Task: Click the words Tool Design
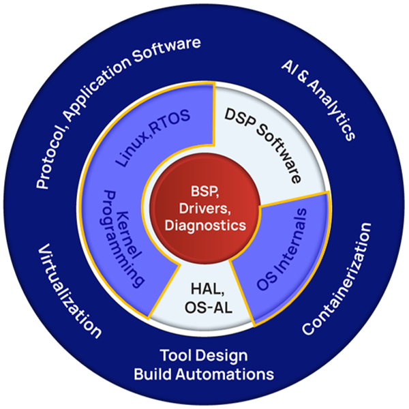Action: (x=204, y=356)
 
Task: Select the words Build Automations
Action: (x=204, y=374)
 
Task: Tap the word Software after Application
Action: (x=170, y=48)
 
